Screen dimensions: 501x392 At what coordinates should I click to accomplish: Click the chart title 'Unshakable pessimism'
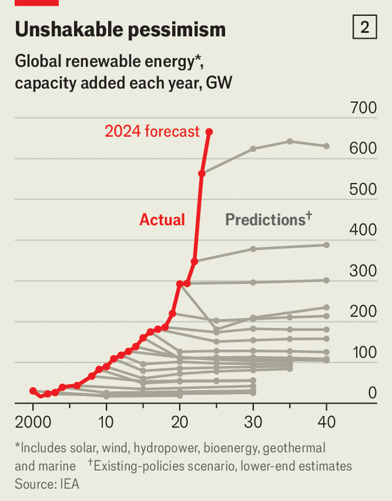coord(120,30)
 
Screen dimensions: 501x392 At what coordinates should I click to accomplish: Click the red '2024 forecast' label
coord(152,131)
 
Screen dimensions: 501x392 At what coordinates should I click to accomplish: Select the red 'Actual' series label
coord(162,220)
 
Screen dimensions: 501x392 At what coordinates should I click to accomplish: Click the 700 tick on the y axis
coord(363,108)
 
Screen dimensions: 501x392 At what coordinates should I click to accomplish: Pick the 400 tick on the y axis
coord(363,230)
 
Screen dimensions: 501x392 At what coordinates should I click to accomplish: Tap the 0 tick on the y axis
coord(372,392)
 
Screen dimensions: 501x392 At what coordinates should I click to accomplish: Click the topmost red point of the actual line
coord(209,131)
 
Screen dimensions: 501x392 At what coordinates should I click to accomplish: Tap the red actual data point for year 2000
coord(33,391)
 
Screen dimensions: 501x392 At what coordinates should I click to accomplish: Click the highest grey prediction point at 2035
coord(290,141)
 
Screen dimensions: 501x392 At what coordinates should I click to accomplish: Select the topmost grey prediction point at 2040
coord(327,146)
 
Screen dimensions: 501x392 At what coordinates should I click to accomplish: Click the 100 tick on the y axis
coord(363,352)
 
